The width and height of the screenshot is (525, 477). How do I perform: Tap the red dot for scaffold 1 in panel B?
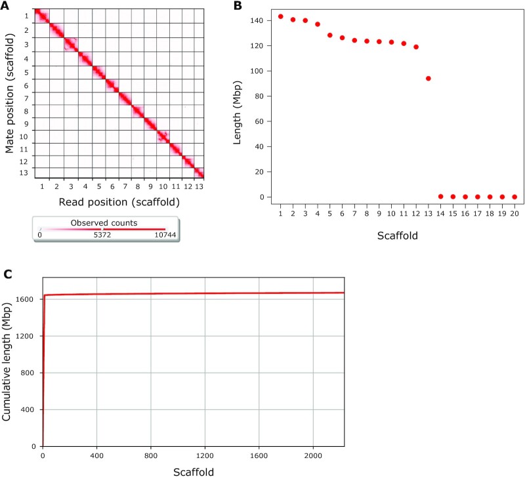point(280,16)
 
